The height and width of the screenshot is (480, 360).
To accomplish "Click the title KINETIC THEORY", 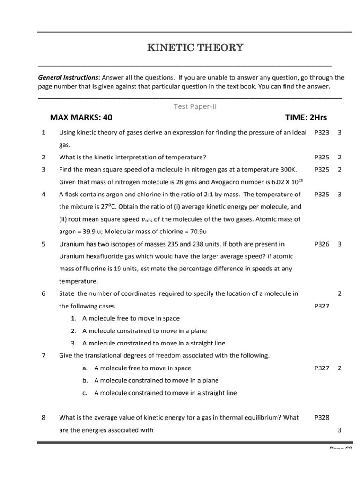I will (195, 47).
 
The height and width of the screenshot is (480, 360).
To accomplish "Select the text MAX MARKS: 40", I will (81, 117).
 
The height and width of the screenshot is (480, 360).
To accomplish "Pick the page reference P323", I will (322, 133).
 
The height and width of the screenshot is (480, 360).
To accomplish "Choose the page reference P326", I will (322, 244).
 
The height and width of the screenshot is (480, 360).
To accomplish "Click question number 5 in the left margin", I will (43, 244).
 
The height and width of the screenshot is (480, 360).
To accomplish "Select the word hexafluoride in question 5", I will (104, 256).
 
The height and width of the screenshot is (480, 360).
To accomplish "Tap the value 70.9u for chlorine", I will (212, 231).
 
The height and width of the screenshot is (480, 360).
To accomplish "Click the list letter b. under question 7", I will (85, 380).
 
